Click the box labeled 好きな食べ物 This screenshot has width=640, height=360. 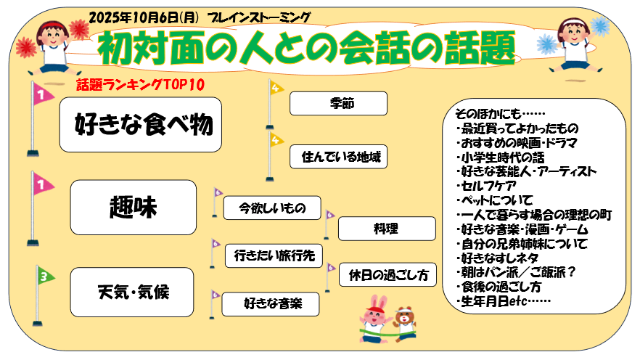pos(140,125)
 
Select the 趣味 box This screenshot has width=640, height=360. pos(134,208)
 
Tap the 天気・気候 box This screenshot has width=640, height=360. pos(134,292)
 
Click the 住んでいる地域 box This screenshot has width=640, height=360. pos(339,155)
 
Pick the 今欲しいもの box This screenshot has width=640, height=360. pos(272,208)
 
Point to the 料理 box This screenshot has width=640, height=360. pos(386,229)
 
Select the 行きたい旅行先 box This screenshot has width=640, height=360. pos(273,255)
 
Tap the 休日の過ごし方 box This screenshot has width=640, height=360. pos(387,275)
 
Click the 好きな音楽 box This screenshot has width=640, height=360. pos(272,303)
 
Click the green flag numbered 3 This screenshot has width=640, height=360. pos(44,277)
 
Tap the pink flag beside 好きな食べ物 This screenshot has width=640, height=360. pos(43,95)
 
